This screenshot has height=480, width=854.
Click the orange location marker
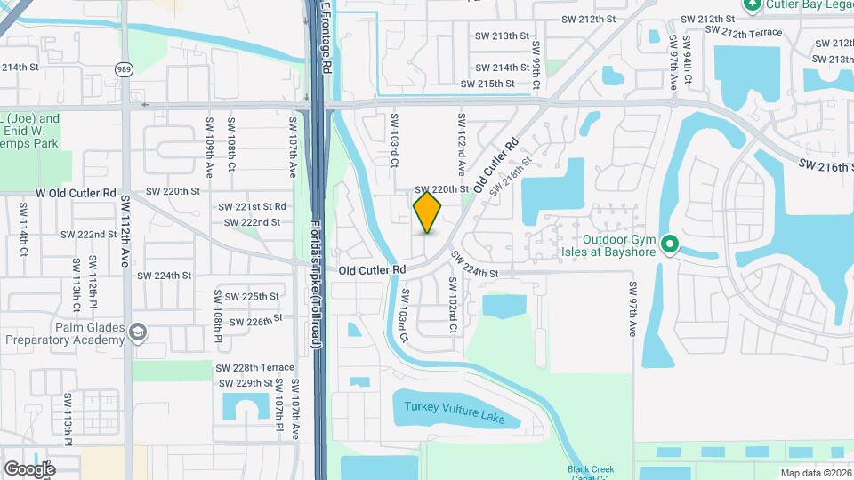[x=428, y=212]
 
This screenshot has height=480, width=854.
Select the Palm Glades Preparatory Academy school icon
[x=137, y=332]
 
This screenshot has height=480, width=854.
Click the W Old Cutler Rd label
[x=77, y=192]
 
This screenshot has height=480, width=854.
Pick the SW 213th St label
[x=496, y=36]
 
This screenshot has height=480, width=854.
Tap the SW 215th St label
[x=487, y=84]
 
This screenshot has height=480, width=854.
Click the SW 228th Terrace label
[x=254, y=367]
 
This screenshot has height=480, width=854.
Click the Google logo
[x=29, y=468]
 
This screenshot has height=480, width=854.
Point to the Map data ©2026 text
[x=815, y=472]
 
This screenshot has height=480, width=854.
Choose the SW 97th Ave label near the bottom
[x=633, y=308]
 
